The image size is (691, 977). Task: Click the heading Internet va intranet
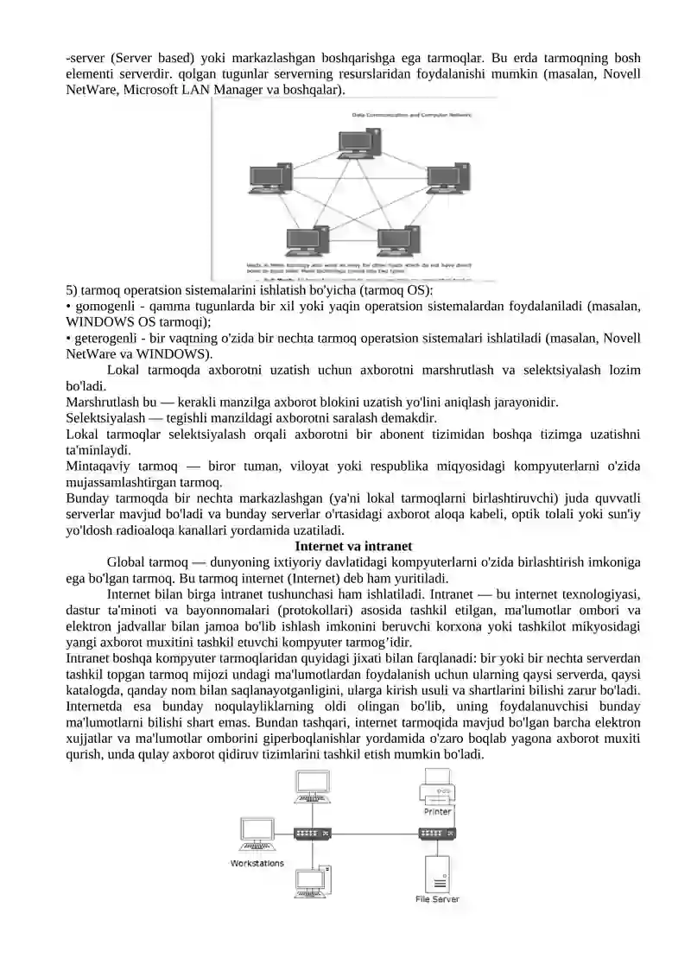point(353,546)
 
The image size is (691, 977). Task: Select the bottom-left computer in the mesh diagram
point(307,240)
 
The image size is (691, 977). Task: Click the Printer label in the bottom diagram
point(437,812)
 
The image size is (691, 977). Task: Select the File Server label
point(437,899)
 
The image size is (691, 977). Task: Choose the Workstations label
point(257,863)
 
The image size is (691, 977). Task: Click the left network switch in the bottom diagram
point(312,834)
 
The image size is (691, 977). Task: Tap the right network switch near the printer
point(437,834)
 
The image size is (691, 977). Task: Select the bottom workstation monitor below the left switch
point(310,881)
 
